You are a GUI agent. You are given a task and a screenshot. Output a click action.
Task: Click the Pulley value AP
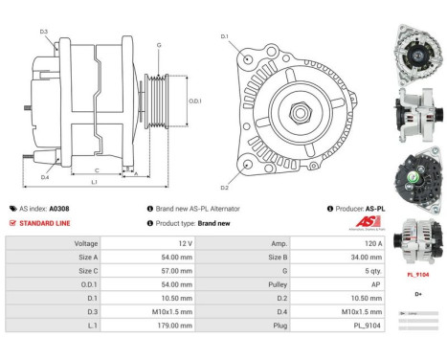pyautogui.click(x=364, y=284)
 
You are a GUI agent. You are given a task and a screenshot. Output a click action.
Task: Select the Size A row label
pyautogui.click(x=86, y=258)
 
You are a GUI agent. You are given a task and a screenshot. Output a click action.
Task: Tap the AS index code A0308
pyautogui.click(x=59, y=208)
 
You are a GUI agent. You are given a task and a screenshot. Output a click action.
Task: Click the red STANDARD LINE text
pyautogui.click(x=45, y=223)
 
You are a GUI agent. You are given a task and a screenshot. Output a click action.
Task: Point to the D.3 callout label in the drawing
pyautogui.click(x=44, y=32)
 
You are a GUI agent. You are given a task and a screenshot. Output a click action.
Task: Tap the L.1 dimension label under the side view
pyautogui.click(x=93, y=182)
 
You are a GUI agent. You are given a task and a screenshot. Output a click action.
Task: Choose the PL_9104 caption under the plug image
pyautogui.click(x=417, y=275)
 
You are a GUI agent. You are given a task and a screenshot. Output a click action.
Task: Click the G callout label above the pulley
pyautogui.click(x=159, y=45)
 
